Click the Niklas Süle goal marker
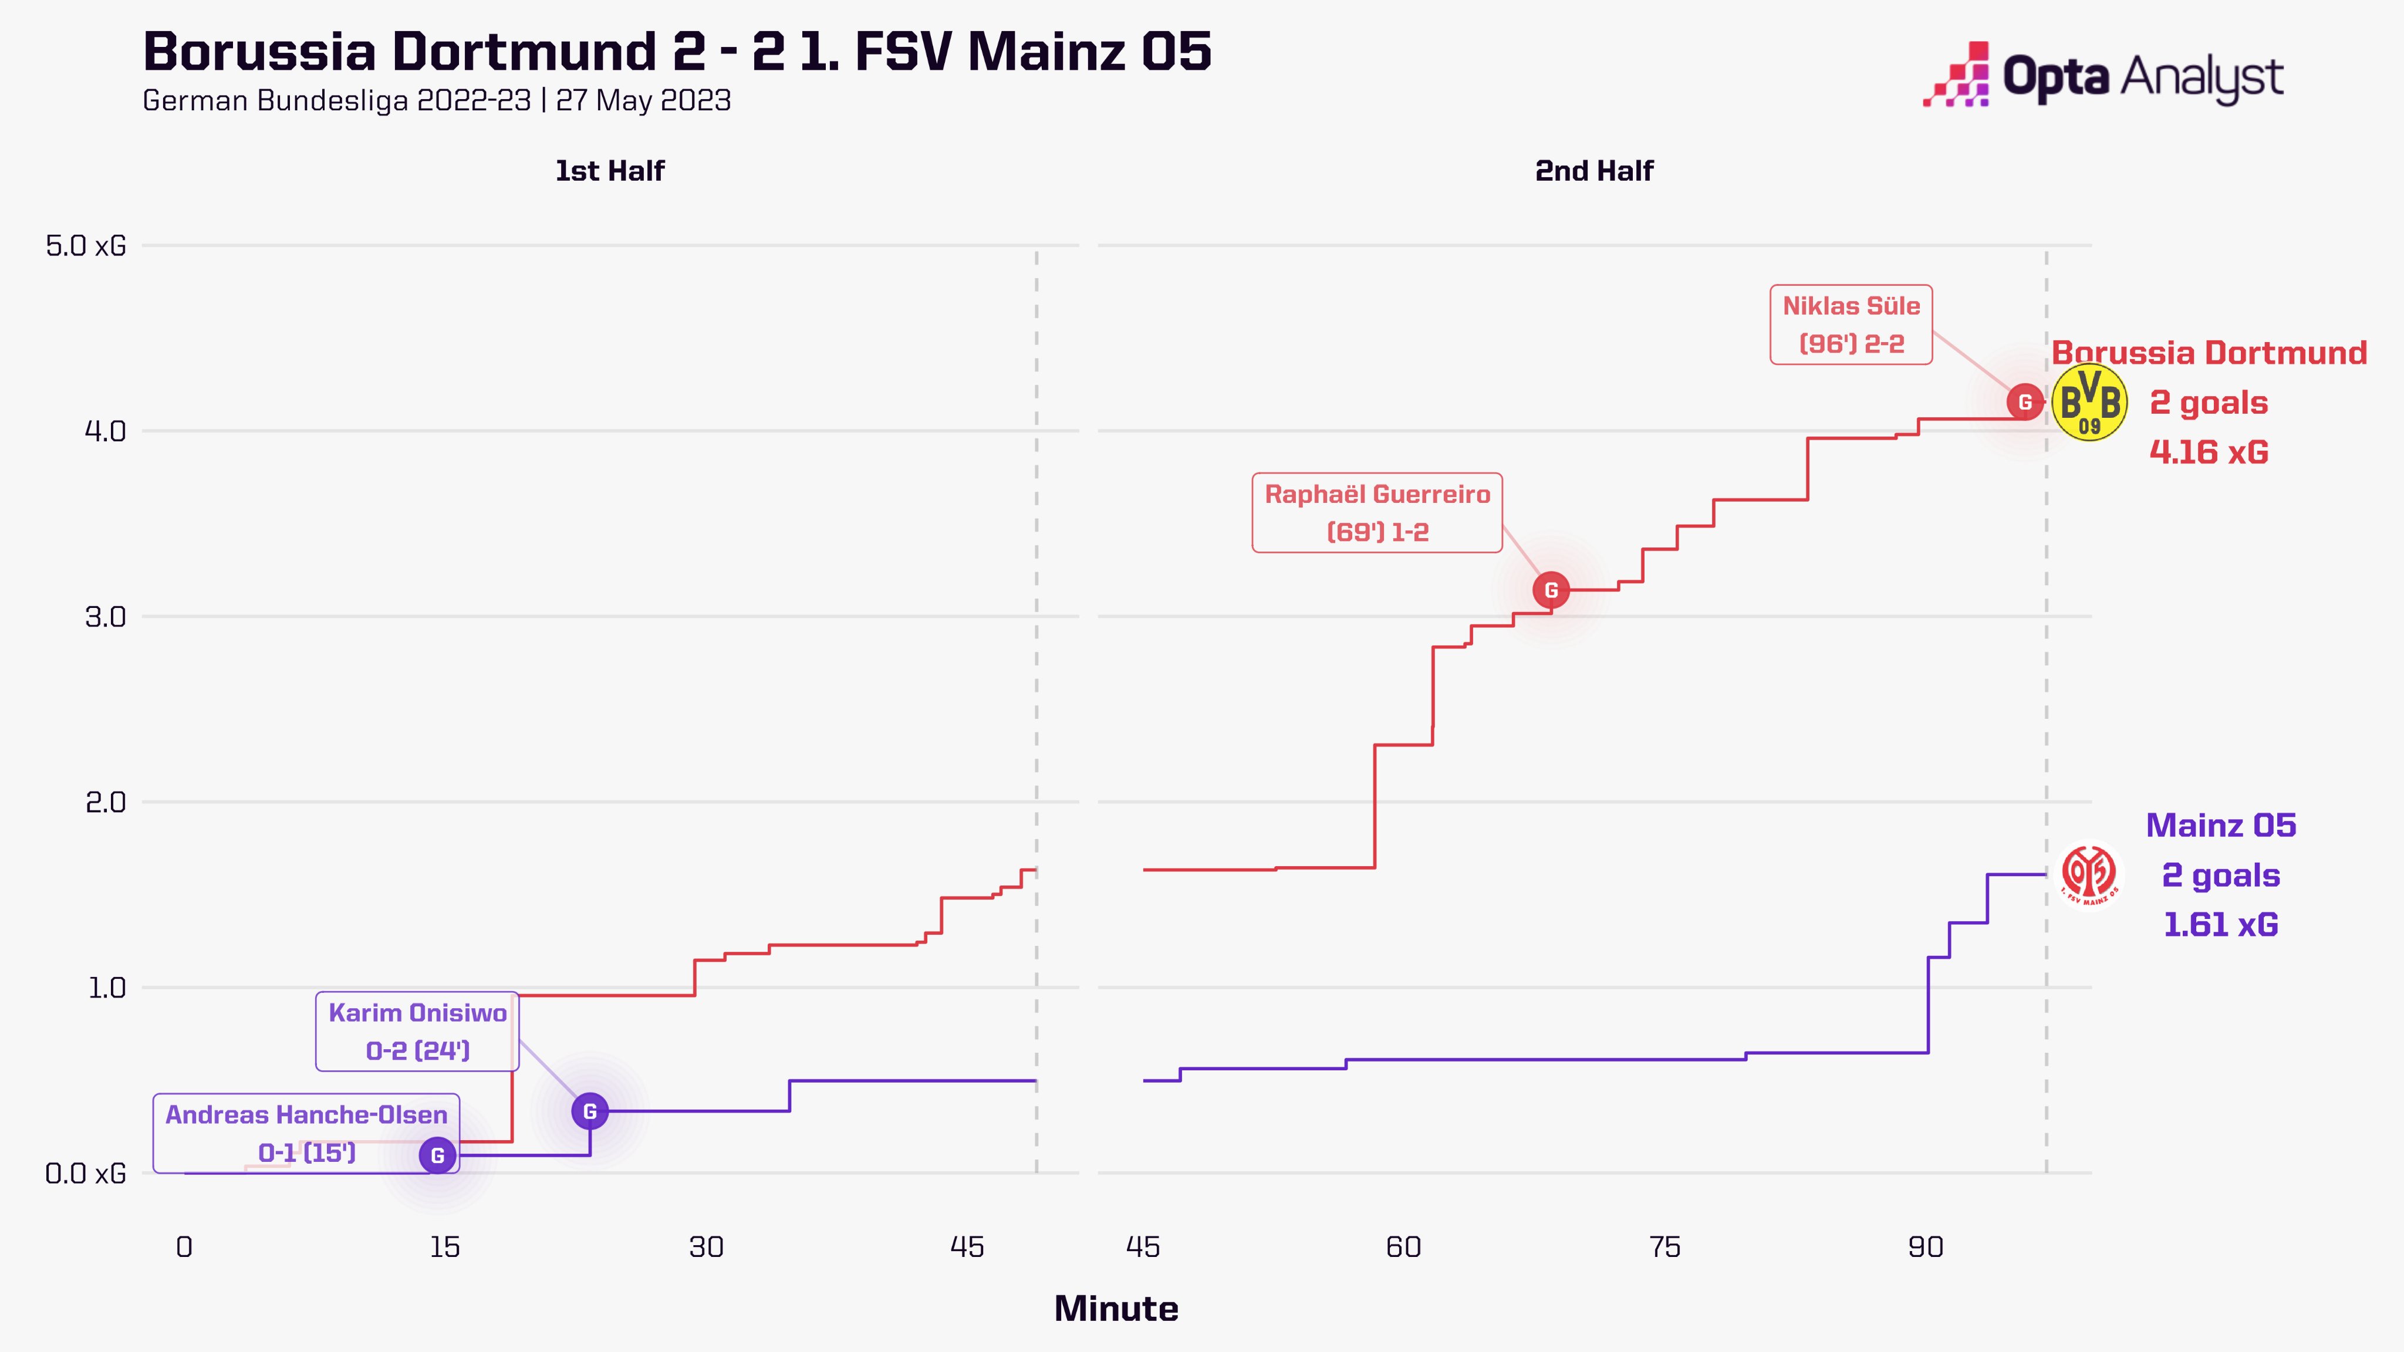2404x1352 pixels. click(2024, 402)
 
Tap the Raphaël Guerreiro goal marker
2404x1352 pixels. click(1550, 590)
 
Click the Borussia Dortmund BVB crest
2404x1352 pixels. click(2089, 402)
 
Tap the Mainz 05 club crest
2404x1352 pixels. click(2089, 875)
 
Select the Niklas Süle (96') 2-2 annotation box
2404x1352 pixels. click(1851, 325)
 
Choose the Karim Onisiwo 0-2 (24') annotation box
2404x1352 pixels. click(417, 1031)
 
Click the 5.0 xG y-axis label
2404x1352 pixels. click(86, 246)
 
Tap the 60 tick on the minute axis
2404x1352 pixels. click(1403, 1248)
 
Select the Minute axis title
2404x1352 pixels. click(1116, 1309)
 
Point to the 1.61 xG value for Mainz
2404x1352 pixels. click(2220, 925)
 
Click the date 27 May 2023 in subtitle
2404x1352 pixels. click(643, 101)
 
